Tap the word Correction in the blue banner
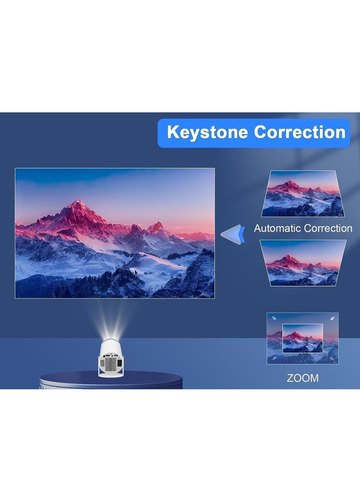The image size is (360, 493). (x=299, y=132)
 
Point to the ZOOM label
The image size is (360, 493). (x=302, y=378)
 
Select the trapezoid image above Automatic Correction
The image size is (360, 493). (x=302, y=193)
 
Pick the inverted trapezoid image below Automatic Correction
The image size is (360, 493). (x=302, y=263)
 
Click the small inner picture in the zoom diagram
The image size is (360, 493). (x=302, y=338)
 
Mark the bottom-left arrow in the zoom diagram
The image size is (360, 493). (x=273, y=359)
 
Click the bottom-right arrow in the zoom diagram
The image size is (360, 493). (x=332, y=359)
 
